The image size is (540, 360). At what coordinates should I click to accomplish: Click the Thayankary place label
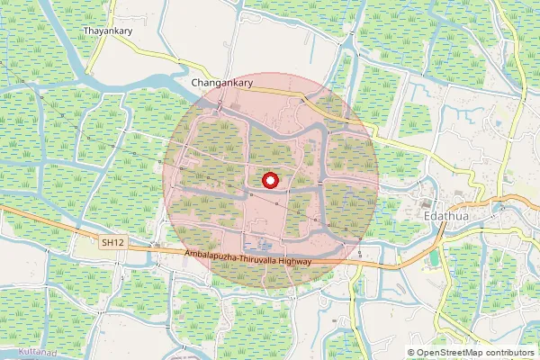[109, 31]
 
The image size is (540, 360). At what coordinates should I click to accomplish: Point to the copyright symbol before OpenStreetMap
[412, 353]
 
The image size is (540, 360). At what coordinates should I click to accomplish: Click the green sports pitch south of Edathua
[436, 258]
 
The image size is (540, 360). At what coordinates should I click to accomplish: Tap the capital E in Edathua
[427, 217]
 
